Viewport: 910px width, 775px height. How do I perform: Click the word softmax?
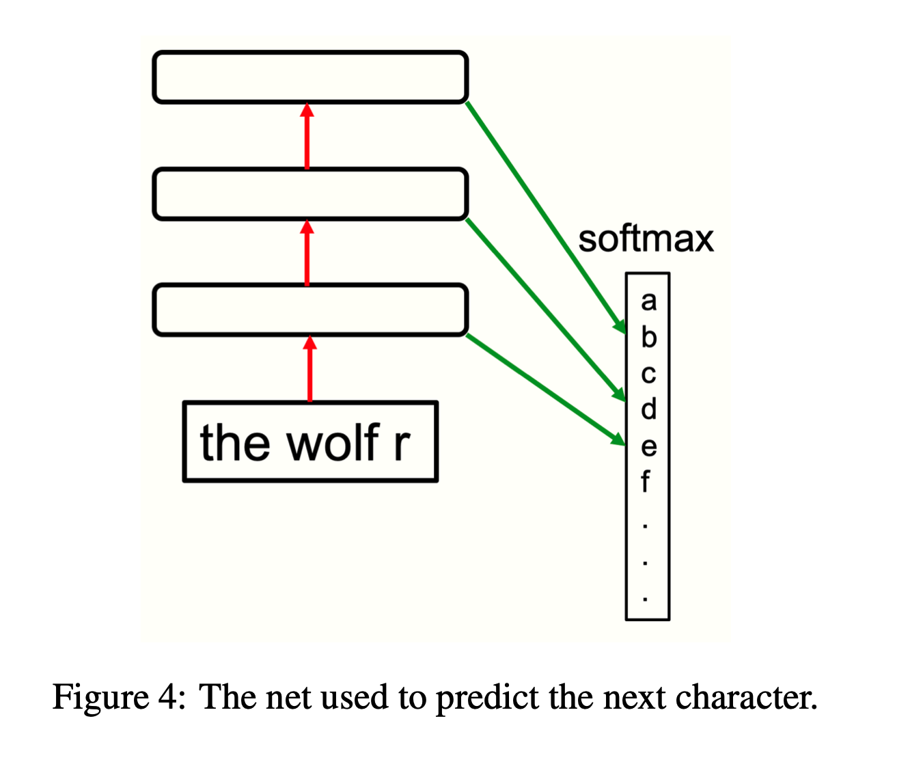pos(646,239)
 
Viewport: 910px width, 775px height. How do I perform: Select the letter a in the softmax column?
pos(648,301)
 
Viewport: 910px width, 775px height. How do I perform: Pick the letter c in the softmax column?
pos(648,374)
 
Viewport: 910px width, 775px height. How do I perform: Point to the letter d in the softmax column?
pos(648,408)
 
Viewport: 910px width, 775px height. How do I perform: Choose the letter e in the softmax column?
pos(648,446)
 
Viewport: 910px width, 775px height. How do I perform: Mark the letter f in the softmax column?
pos(646,481)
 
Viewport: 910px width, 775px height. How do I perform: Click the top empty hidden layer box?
pos(310,77)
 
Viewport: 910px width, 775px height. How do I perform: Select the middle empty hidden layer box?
pos(310,194)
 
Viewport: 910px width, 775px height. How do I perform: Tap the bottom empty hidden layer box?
pos(310,310)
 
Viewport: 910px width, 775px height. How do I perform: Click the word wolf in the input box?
pos(333,443)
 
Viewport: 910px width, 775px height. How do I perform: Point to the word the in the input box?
pos(234,443)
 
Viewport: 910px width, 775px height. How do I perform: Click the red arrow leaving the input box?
pos(310,369)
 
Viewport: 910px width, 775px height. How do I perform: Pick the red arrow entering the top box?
pos(307,137)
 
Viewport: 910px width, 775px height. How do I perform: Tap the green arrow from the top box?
pos(547,217)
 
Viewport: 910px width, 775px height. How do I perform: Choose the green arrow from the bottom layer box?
pos(547,390)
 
